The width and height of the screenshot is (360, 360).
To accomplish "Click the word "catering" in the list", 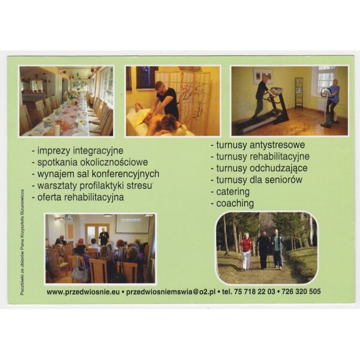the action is point(233,192).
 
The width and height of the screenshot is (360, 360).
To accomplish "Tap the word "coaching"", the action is point(235,203).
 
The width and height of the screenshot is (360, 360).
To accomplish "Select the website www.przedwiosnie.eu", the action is point(83,292).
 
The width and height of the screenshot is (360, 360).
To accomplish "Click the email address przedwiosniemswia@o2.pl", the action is point(171,292).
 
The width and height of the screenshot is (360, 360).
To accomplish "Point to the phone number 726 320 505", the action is point(301,292).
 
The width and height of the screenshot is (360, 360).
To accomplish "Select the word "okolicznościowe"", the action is point(114,163).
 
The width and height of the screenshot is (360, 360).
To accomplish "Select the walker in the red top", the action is point(245,251).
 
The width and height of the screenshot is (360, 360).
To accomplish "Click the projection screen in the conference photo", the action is point(133,223).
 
